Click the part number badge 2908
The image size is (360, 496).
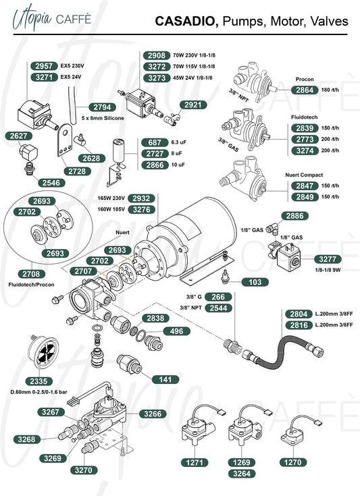pos(157,55)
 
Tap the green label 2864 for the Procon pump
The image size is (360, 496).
pos(305,90)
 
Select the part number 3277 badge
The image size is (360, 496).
pos(328,259)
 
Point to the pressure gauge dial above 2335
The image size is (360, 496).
pos(43,352)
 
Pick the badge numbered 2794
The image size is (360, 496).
pos(102,107)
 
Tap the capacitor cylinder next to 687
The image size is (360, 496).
pos(118,151)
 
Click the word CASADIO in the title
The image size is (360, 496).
pos(187,21)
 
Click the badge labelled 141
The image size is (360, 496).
pos(165,379)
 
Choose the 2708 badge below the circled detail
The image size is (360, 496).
pos(31,274)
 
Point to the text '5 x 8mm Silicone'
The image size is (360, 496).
pos(103,118)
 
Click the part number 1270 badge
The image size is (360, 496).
pos(293,462)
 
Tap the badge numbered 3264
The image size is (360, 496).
pos(242,474)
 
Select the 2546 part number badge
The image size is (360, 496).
pos(51,182)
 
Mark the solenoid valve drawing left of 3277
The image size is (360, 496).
pos(284,254)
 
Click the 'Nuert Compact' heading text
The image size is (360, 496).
pos(304,175)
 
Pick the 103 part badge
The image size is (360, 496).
pos(255,282)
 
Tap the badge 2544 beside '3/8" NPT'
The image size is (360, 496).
pos(218,308)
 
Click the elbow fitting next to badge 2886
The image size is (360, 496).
pos(272,228)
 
